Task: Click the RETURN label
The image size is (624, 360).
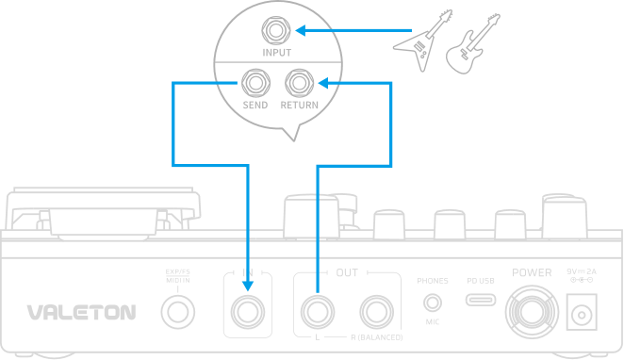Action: (x=300, y=105)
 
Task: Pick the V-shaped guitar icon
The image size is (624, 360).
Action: (x=419, y=43)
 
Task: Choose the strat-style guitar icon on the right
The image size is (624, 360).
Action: (x=465, y=47)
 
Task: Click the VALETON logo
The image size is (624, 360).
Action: (x=81, y=311)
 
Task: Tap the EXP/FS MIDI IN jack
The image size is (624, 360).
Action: (x=175, y=309)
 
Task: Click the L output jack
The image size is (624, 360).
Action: (x=315, y=309)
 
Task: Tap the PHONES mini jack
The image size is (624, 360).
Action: (x=432, y=303)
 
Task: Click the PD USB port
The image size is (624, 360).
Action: (x=481, y=301)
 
